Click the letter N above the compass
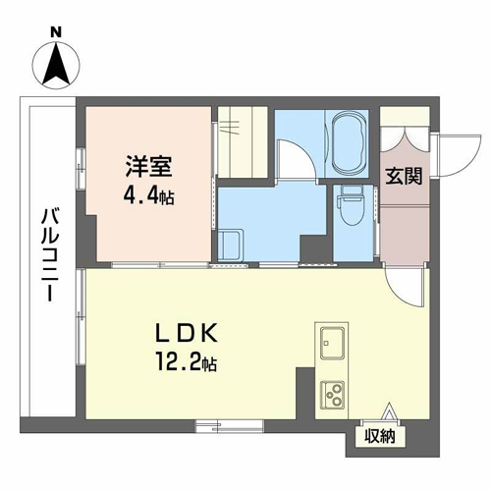pyautogui.click(x=56, y=32)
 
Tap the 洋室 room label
pyautogui.click(x=149, y=167)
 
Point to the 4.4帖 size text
pyautogui.click(x=148, y=196)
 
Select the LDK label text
pyautogui.click(x=187, y=334)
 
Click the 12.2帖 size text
pyautogui.click(x=187, y=361)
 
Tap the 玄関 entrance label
pyautogui.click(x=404, y=177)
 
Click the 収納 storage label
pyautogui.click(x=380, y=436)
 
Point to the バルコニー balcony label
pyautogui.click(x=50, y=255)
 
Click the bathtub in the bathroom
pyautogui.click(x=348, y=142)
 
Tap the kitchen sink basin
pyautogui.click(x=332, y=343)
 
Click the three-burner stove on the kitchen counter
pyautogui.click(x=332, y=395)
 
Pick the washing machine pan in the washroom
pyautogui.click(x=231, y=245)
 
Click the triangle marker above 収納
pyautogui.click(x=389, y=410)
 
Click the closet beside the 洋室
pyautogui.click(x=243, y=142)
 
